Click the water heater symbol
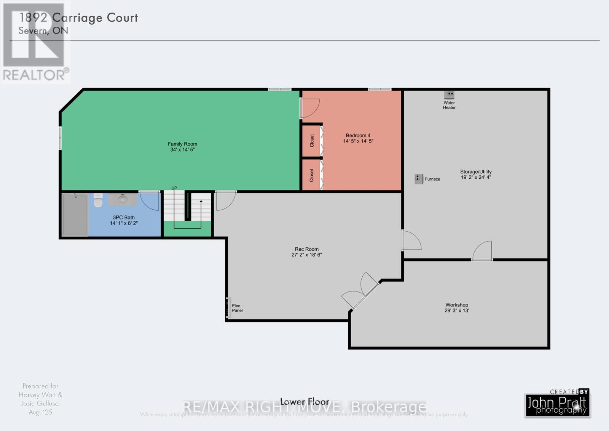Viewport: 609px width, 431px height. click(x=449, y=94)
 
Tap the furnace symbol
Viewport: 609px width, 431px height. click(x=418, y=179)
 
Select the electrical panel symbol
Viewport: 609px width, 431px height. click(x=228, y=308)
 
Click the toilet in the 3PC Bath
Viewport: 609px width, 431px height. click(x=98, y=201)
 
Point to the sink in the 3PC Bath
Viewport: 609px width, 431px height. click(x=123, y=199)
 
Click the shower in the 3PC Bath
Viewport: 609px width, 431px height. click(x=75, y=215)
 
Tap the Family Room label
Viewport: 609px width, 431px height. click(x=182, y=144)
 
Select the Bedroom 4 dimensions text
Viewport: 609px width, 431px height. click(x=358, y=141)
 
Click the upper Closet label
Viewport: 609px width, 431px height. click(x=312, y=141)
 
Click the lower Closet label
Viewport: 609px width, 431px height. click(x=312, y=175)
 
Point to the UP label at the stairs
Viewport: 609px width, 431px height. click(x=174, y=188)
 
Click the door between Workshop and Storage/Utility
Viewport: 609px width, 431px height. click(x=482, y=252)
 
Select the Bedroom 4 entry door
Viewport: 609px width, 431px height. click(x=309, y=108)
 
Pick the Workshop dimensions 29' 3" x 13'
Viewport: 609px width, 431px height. click(x=457, y=311)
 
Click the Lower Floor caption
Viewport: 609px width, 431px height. click(x=304, y=402)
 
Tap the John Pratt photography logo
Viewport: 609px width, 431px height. click(x=557, y=405)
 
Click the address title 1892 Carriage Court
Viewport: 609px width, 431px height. click(x=78, y=18)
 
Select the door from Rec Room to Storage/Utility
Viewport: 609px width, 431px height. click(x=411, y=240)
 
